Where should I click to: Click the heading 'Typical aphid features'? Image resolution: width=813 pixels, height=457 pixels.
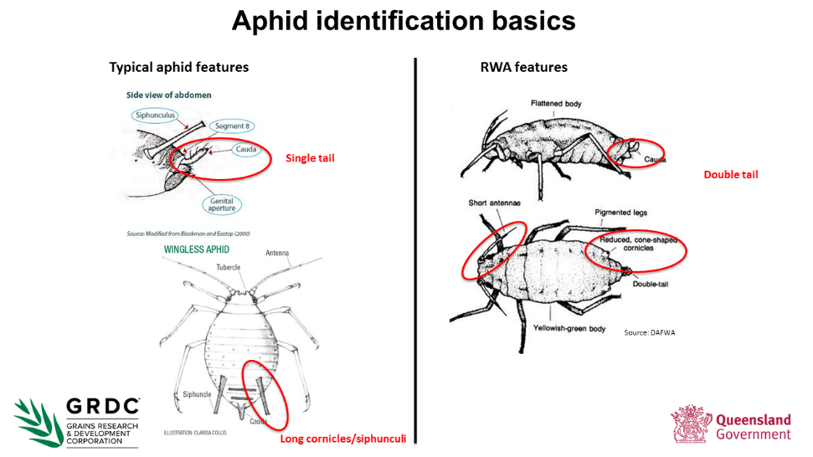[179, 67]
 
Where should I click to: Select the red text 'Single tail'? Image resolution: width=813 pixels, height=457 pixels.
[310, 157]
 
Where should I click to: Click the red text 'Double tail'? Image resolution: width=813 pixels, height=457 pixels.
[731, 174]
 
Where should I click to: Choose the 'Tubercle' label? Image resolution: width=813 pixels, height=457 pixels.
[229, 267]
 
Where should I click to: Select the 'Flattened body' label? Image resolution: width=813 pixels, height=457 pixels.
[556, 104]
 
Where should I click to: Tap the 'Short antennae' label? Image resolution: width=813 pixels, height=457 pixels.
[490, 203]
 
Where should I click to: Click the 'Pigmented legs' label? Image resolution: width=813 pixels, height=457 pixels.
[620, 213]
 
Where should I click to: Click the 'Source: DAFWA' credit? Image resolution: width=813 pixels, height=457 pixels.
[649, 332]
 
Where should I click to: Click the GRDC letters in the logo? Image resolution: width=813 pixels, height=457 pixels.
[102, 406]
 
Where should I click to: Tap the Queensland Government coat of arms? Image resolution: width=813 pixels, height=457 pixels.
[690, 423]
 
